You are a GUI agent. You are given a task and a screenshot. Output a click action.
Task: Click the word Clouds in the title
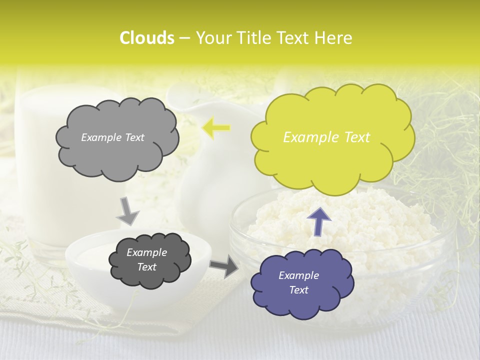pos(147,38)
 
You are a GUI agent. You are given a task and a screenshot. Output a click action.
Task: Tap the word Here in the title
pos(334,38)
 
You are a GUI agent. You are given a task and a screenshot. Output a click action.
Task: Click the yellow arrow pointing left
pos(215,128)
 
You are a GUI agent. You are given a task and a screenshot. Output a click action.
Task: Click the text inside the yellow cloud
pos(326,137)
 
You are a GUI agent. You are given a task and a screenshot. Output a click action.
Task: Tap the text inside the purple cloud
pos(298,282)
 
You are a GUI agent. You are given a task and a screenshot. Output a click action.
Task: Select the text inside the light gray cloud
pos(112,137)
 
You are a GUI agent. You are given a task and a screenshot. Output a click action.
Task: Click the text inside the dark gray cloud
pos(146,259)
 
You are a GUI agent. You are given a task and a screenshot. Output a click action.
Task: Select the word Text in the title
pos(294,38)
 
